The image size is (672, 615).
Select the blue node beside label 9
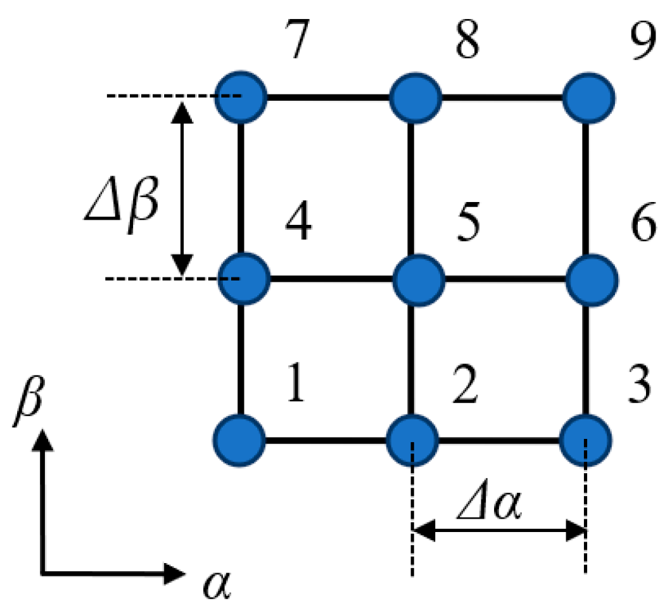pyautogui.click(x=588, y=98)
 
